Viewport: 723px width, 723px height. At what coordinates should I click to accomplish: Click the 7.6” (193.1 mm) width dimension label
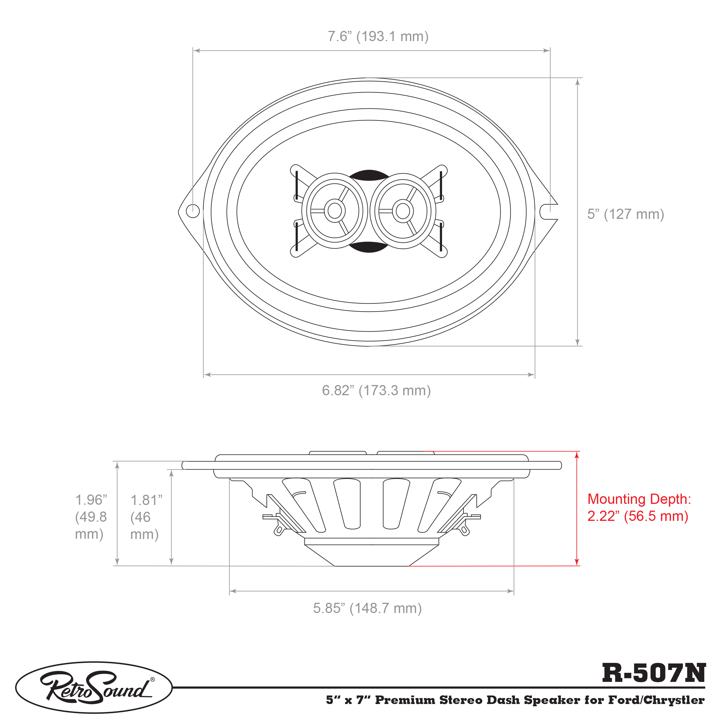pos(378,37)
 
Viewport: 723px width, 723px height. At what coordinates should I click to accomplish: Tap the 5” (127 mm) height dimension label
pos(625,214)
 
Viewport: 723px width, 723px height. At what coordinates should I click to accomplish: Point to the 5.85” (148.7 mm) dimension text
pos(367,608)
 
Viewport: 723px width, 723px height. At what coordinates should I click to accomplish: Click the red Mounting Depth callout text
pos(639,508)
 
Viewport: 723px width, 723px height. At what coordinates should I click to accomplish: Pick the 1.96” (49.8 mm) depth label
pos(91,517)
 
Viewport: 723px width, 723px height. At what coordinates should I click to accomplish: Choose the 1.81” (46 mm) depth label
pos(146,517)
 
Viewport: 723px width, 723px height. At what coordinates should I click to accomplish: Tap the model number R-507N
pos(654,673)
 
